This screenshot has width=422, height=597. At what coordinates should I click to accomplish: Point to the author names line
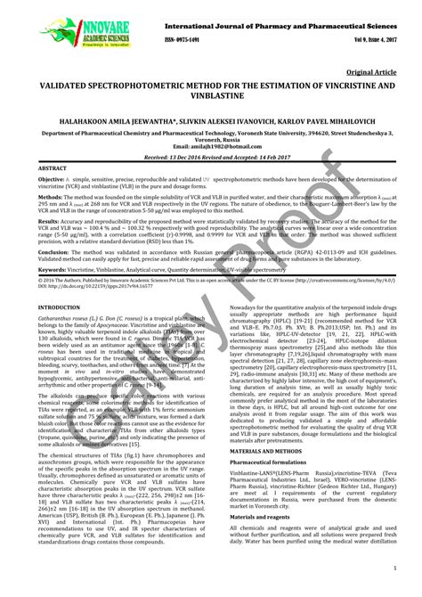211,119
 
